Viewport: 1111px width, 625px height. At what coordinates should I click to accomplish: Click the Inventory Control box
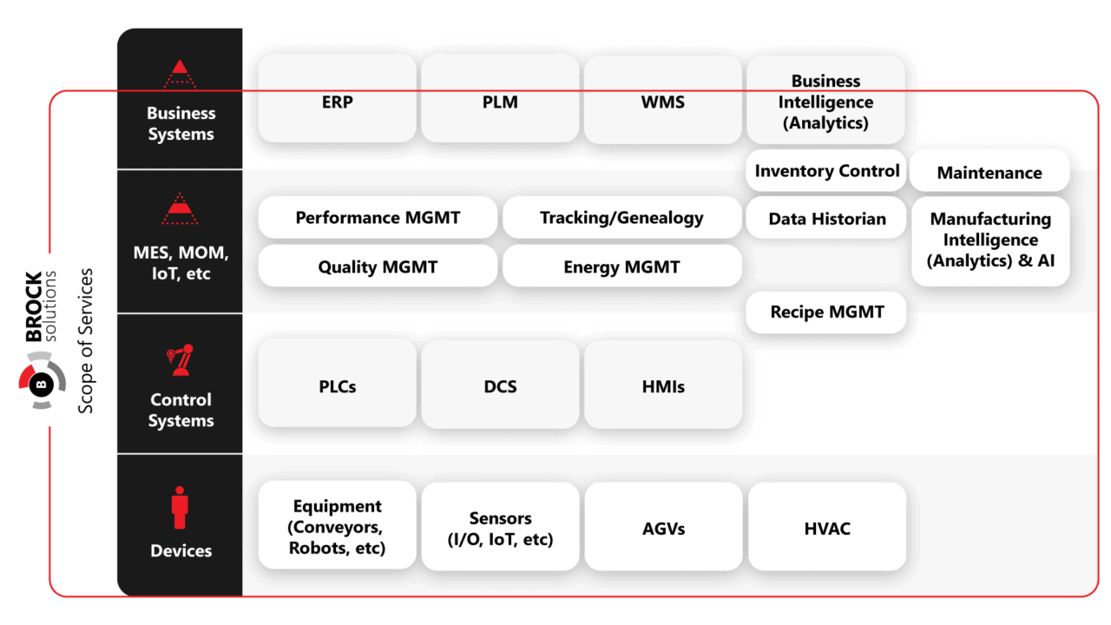(826, 171)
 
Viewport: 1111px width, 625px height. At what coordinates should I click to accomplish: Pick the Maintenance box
(989, 172)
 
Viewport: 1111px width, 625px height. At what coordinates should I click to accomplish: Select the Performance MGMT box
(378, 217)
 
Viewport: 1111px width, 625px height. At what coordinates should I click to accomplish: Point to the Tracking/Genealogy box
(621, 217)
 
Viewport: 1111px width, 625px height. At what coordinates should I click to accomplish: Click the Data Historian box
(826, 219)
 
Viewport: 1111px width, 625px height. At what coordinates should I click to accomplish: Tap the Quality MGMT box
(378, 266)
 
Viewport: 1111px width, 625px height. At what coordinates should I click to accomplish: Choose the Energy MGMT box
(621, 266)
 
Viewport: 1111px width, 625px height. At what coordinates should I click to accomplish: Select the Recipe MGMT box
(826, 312)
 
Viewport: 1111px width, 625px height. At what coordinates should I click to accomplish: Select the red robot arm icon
(180, 360)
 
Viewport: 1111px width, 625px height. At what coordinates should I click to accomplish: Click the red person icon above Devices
(180, 508)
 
